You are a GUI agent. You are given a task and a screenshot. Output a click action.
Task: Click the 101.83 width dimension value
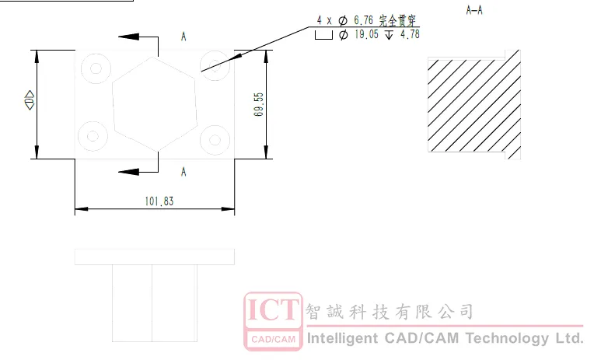tap(159, 201)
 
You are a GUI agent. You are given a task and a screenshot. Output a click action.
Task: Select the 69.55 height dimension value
tap(259, 104)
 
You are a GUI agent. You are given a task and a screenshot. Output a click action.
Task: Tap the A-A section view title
tap(474, 10)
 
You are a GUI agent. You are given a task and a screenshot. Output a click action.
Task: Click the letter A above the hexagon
tap(183, 37)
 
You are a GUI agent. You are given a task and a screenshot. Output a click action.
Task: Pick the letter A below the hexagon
tap(183, 172)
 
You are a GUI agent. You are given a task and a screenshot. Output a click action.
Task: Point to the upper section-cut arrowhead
tap(129, 37)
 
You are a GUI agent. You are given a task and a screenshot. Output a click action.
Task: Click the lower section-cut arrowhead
tap(129, 172)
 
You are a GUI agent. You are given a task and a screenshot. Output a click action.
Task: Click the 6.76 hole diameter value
tap(364, 20)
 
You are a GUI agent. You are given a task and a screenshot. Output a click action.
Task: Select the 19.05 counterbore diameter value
tap(366, 34)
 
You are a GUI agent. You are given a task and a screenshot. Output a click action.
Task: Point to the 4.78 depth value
tap(410, 34)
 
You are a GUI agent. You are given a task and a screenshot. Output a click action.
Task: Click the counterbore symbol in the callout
tap(323, 35)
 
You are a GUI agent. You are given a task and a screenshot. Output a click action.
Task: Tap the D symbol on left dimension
tap(30, 100)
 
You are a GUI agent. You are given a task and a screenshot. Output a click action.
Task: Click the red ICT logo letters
tap(273, 310)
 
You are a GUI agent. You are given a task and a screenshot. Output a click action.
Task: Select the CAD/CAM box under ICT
tap(273, 339)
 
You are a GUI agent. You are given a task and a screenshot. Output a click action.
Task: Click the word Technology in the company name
tap(507, 338)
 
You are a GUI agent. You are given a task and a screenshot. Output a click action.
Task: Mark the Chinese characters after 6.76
tap(397, 20)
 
